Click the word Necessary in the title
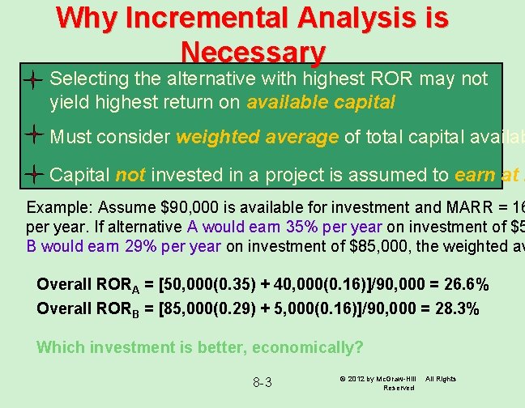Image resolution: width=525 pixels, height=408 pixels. coord(254,53)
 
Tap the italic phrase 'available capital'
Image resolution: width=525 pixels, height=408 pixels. coord(320,103)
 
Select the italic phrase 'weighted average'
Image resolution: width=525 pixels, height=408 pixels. coord(257,138)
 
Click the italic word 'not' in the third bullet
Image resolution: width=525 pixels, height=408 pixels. coord(130,176)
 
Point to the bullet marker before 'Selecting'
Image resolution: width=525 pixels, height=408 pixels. coord(33,79)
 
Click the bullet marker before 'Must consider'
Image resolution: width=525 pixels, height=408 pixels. coord(33,137)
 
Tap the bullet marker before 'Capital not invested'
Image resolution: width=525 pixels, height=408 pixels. coord(33,175)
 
